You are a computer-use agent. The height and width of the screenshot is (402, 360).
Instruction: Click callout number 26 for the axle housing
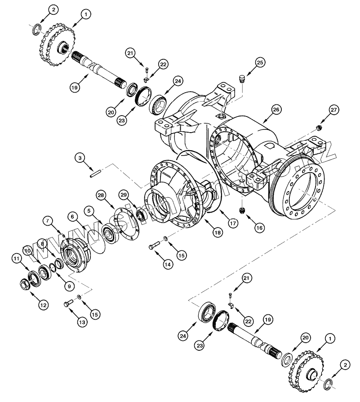[276, 109]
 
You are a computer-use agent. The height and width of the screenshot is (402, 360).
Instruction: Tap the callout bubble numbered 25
[260, 63]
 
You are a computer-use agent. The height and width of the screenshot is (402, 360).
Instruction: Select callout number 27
[333, 109]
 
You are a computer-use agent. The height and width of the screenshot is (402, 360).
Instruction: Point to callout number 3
[80, 158]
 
